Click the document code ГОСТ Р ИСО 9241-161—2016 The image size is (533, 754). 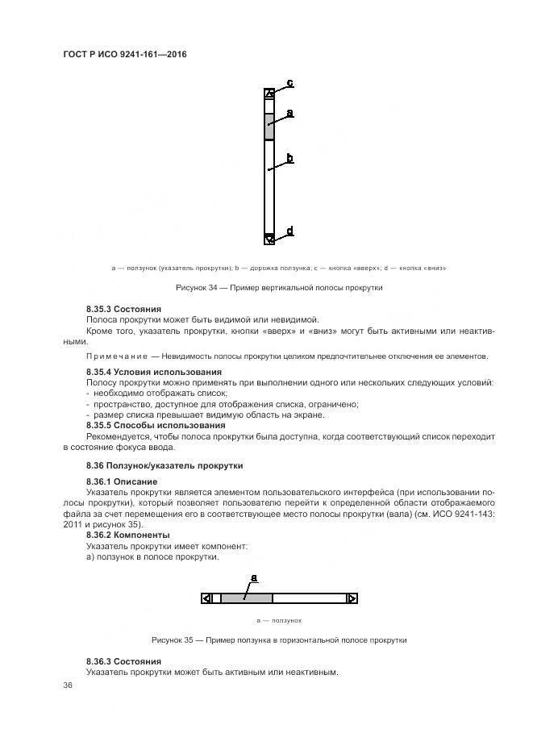[124, 53]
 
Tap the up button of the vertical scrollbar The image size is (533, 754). [269, 94]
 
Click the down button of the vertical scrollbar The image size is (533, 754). [269, 238]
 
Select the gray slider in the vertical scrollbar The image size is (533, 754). [269, 127]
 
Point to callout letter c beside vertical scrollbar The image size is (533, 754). [289, 82]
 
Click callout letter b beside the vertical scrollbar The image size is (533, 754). [289, 157]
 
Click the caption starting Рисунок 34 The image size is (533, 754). [279, 288]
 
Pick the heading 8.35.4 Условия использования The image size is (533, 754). [153, 371]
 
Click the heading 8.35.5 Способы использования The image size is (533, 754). [156, 425]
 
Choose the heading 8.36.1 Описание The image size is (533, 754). [122, 481]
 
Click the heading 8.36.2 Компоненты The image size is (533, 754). [127, 535]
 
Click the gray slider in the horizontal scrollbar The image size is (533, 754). [246, 598]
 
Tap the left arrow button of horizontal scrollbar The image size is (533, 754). [207, 598]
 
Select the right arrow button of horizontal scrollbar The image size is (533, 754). [351, 598]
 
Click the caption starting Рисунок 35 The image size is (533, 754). [278, 639]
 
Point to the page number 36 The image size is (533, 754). [68, 685]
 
